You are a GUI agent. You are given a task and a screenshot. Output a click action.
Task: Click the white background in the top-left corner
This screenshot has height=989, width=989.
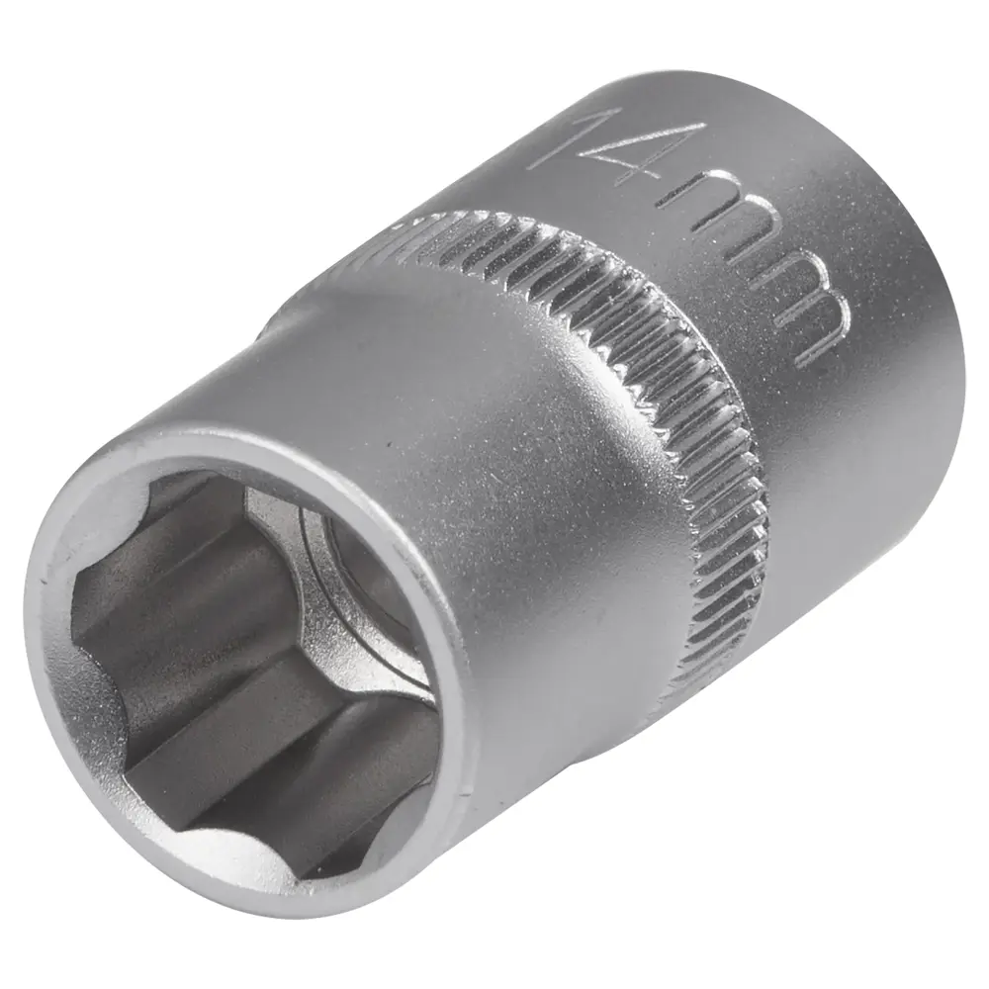(x=59, y=59)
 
